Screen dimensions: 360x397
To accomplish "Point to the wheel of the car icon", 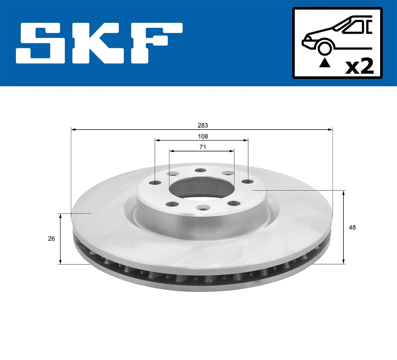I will [x=325, y=48].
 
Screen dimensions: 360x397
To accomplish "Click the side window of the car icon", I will [x=354, y=27].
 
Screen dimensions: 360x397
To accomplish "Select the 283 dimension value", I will [x=203, y=125].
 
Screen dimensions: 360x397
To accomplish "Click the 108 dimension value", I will [x=203, y=136].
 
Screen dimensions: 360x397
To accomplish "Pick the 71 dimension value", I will [x=203, y=147].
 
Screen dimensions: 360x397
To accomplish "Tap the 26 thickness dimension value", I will [x=51, y=239].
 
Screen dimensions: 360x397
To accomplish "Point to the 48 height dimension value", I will [x=352, y=227].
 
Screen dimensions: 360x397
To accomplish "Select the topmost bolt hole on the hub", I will [x=200, y=171].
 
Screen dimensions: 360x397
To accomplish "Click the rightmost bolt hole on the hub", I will [x=246, y=181].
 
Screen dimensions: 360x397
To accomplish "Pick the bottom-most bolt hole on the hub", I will [x=201, y=208].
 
